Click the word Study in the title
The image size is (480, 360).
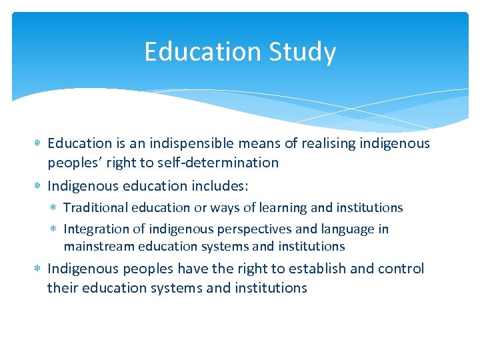coord(305,53)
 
